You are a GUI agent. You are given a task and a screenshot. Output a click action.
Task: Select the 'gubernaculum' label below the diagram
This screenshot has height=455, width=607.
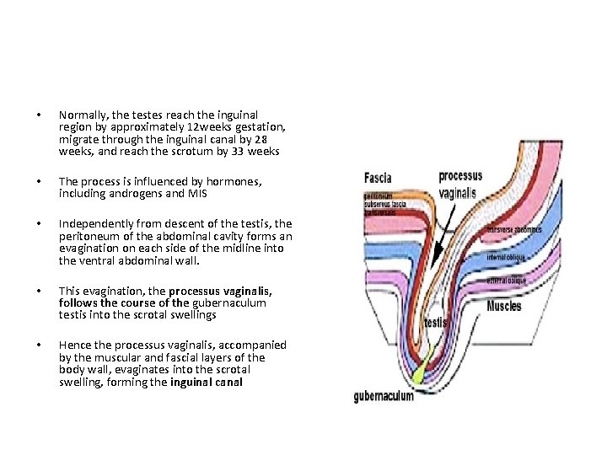(x=384, y=395)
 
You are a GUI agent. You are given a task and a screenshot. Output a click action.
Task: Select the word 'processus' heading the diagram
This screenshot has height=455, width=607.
(x=460, y=177)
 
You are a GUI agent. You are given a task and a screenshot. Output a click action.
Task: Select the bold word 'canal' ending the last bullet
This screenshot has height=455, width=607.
(x=230, y=382)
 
